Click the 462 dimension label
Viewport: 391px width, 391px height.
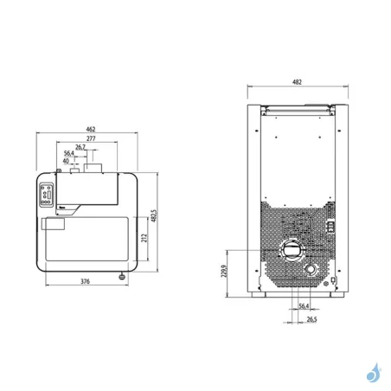[x=90, y=130]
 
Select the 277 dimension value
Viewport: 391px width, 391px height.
[x=89, y=139]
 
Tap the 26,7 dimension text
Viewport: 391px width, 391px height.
[x=80, y=148]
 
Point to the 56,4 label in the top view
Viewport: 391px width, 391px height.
[x=68, y=154]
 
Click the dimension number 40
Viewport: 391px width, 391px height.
[x=67, y=161]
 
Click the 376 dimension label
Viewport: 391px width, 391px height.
[x=80, y=282]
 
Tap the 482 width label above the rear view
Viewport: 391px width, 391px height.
[x=297, y=82]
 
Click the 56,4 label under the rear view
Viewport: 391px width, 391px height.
[x=304, y=306]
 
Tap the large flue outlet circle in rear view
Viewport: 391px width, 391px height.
[x=292, y=252]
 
